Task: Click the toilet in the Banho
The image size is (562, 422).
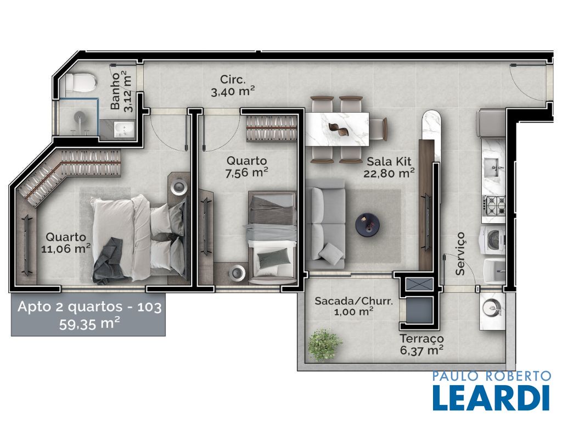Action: [x=81, y=82]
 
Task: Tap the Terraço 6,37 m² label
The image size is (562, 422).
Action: [x=422, y=344]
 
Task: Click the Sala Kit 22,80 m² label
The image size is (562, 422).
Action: [x=389, y=167]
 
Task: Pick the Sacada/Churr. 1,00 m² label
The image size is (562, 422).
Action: [x=353, y=306]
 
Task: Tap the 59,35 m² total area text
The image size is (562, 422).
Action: [x=89, y=324]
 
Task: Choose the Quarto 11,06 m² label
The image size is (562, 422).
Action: [x=66, y=242]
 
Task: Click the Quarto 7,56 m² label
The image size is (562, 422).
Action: [x=246, y=166]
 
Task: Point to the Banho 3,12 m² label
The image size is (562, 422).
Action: [x=120, y=91]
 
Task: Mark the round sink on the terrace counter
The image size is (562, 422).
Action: [x=492, y=308]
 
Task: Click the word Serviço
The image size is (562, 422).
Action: [x=460, y=254]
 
